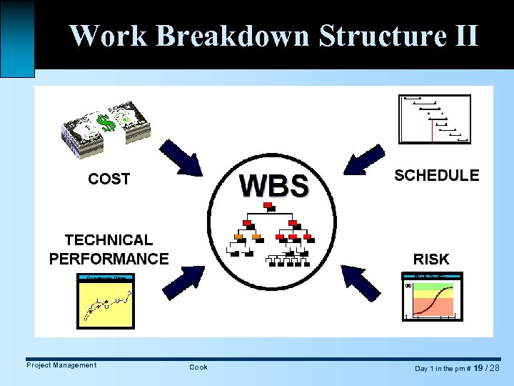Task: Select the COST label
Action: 109,179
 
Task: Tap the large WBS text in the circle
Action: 274,186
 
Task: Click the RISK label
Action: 431,259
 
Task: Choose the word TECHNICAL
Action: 109,240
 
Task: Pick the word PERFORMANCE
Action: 109,259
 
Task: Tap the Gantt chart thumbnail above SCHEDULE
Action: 435,119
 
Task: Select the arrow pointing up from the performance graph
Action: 183,281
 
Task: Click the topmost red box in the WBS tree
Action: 268,206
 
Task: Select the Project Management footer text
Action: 61,365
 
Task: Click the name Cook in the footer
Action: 198,367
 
